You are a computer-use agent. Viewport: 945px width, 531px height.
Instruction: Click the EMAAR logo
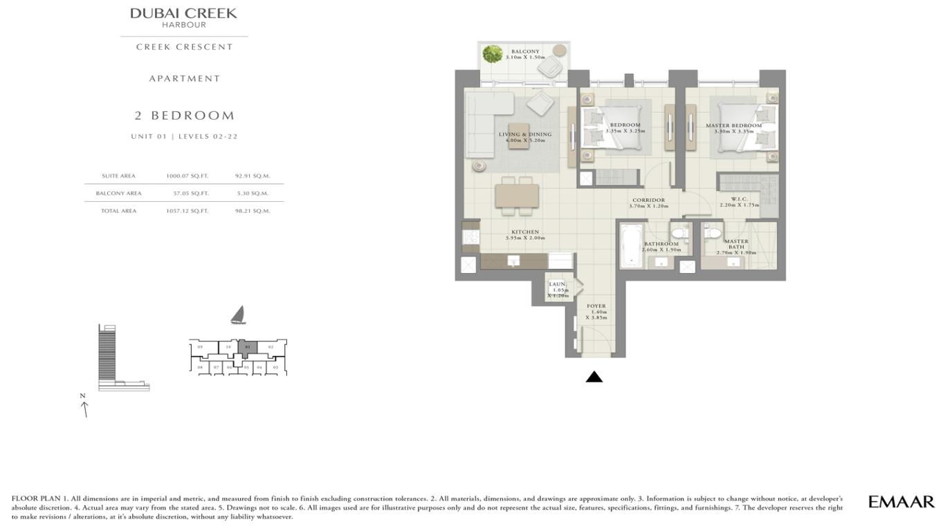click(x=901, y=502)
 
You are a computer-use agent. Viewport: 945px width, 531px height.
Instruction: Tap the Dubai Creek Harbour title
click(x=184, y=17)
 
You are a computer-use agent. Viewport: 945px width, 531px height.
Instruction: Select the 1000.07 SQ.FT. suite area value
click(x=187, y=176)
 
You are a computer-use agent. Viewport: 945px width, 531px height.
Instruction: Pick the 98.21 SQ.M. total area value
click(x=253, y=211)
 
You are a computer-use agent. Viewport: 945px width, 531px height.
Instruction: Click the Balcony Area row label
click(x=118, y=194)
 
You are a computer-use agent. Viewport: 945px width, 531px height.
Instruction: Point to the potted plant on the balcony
click(x=493, y=54)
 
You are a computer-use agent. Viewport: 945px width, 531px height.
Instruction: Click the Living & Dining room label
click(x=525, y=137)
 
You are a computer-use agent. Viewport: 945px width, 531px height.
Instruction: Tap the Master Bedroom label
click(x=733, y=128)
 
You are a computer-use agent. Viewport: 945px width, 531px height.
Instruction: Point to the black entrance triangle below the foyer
click(x=594, y=377)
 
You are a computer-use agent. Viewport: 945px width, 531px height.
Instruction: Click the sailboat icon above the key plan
click(x=238, y=315)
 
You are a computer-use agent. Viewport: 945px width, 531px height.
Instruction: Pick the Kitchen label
click(x=525, y=234)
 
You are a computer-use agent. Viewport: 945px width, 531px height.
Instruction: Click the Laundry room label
click(x=558, y=289)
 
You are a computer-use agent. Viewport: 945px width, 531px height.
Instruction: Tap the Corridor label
click(x=648, y=203)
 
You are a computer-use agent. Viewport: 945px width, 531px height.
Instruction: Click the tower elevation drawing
click(x=109, y=356)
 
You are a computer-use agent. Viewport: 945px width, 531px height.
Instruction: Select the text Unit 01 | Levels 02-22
click(x=184, y=136)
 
